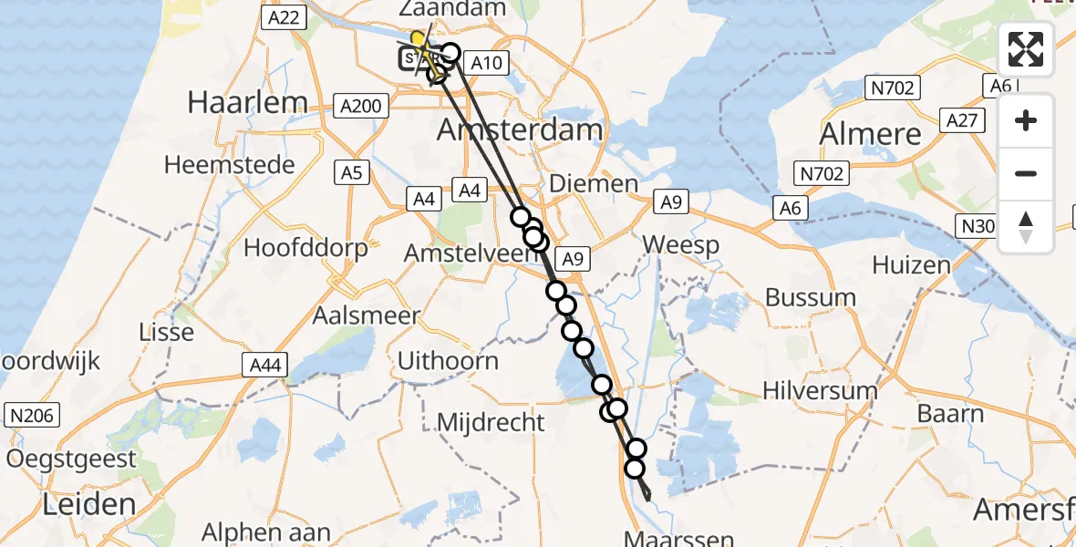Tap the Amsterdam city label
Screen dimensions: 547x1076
tap(520, 129)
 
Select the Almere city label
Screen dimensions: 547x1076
tap(870, 134)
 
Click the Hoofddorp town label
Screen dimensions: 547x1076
tap(305, 248)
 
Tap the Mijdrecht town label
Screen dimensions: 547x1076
tap(491, 422)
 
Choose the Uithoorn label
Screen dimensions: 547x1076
tap(448, 360)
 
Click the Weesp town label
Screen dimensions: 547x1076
tap(680, 244)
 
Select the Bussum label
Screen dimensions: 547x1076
tap(811, 297)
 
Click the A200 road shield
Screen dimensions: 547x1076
tap(359, 106)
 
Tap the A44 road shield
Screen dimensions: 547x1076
tap(266, 366)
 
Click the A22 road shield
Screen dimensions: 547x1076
tap(280, 17)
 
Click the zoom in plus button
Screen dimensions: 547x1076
tap(1026, 120)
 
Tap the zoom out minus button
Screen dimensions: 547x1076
tap(1026, 173)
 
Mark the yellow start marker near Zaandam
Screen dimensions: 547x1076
tap(418, 39)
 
